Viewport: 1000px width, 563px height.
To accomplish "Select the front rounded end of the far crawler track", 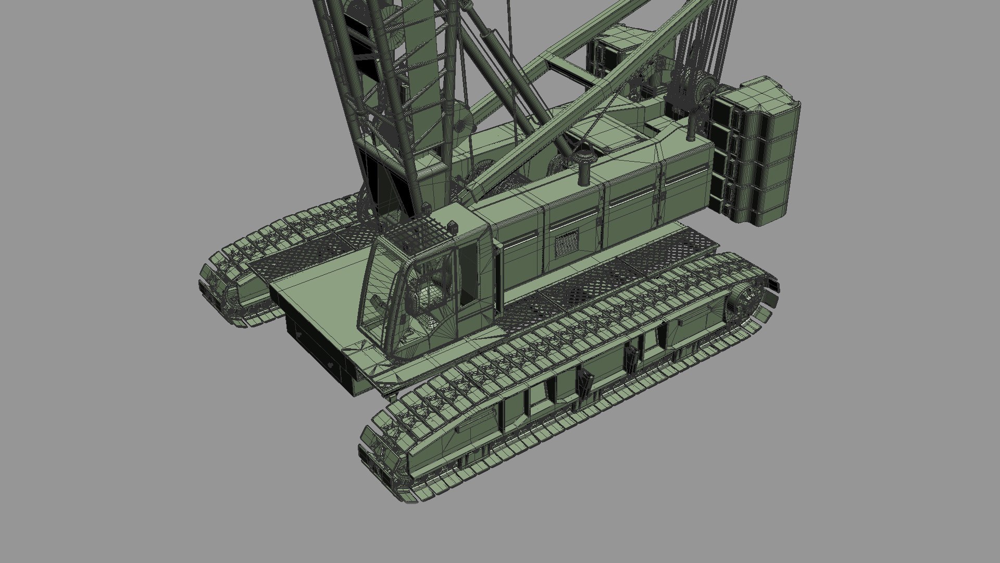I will click(219, 287).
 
